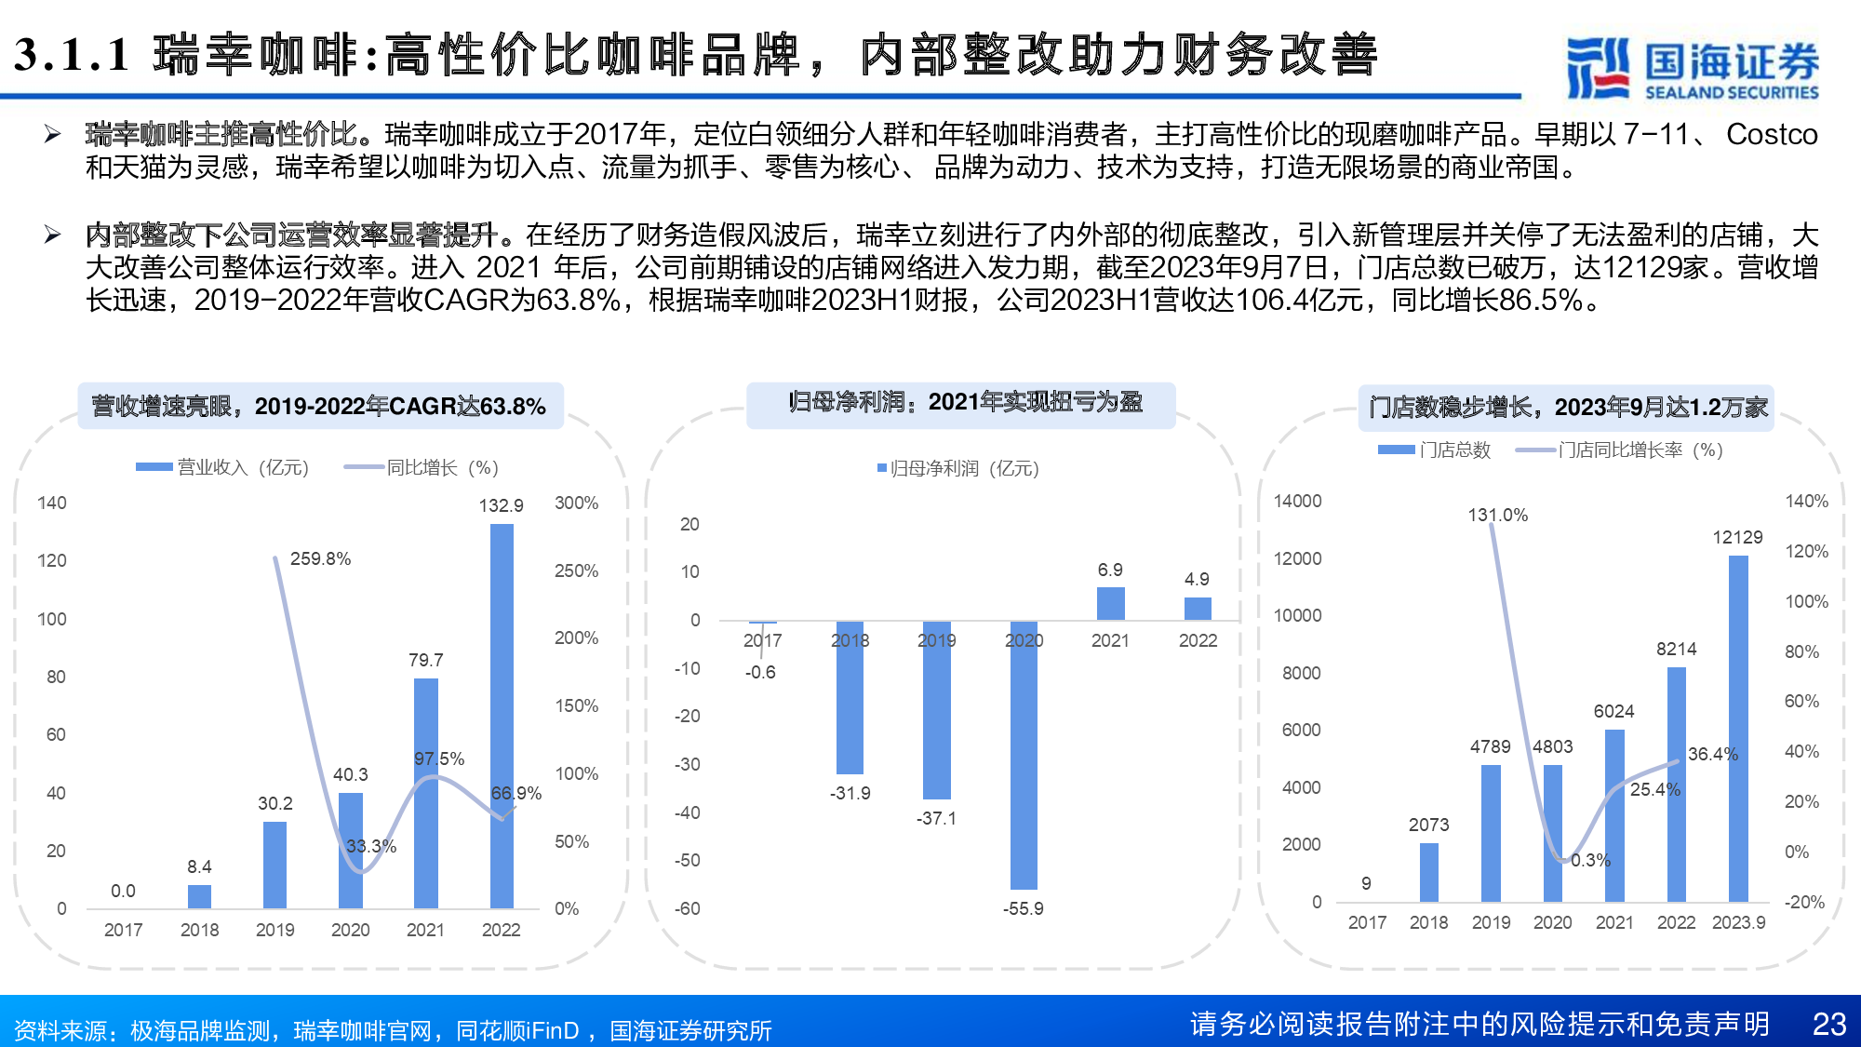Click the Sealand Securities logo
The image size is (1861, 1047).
[x=1692, y=67]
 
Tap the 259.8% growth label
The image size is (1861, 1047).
[x=320, y=558]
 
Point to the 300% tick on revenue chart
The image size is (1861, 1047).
[x=576, y=503]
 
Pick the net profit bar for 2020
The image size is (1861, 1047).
[x=1024, y=754]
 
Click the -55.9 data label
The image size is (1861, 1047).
[x=1023, y=908]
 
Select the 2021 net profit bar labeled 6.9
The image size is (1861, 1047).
[x=1110, y=603]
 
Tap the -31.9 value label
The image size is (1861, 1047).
[x=850, y=793]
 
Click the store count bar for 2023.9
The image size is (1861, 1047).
[x=1738, y=728]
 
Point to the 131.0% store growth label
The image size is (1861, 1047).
[x=1497, y=515]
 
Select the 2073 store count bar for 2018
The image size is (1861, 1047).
[x=1428, y=872]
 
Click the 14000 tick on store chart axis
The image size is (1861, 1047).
[x=1297, y=501]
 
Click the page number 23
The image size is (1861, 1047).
[x=1828, y=1024]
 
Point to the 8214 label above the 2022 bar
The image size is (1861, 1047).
[x=1676, y=649]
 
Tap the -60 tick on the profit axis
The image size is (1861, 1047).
[x=688, y=908]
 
